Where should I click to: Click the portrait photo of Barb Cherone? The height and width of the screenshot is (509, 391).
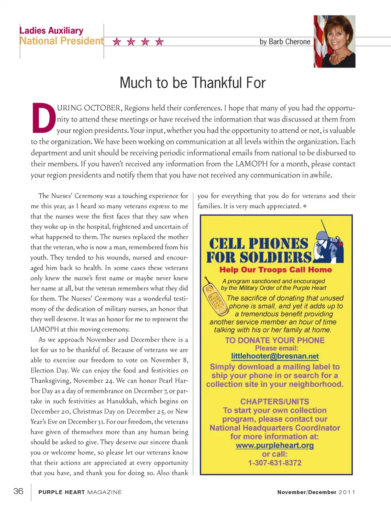click(334, 41)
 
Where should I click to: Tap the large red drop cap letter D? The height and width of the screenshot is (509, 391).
click(44, 118)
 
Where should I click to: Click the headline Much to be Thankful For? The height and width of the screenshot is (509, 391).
click(193, 83)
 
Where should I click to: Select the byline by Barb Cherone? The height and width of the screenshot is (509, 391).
click(285, 42)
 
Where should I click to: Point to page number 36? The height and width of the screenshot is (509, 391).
click(18, 491)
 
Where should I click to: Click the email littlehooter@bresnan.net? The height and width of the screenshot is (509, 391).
click(275, 356)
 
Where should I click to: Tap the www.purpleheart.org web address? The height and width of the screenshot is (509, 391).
click(275, 446)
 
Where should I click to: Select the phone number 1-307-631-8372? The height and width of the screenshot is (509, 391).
click(275, 463)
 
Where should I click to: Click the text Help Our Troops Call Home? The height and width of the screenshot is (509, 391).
click(275, 270)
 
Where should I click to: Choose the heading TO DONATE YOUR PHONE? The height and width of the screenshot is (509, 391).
click(275, 340)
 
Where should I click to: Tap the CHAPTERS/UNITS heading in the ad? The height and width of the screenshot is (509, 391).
click(275, 401)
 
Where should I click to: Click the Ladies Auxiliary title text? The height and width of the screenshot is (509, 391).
click(51, 31)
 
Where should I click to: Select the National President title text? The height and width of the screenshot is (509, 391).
click(62, 41)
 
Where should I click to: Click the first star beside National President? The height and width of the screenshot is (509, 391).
click(117, 42)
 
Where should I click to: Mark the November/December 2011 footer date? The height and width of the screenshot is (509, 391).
click(316, 492)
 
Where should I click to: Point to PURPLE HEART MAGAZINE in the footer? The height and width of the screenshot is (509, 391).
click(80, 492)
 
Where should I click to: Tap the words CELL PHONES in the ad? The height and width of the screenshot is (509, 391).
click(259, 244)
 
